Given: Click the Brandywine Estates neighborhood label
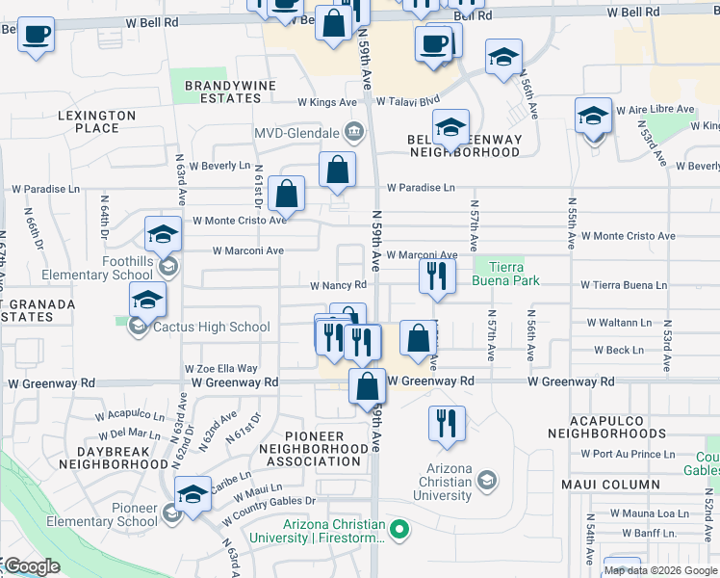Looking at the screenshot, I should point(230,92).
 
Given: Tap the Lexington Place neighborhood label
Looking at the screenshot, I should point(96,121).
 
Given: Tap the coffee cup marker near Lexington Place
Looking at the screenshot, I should point(37,36).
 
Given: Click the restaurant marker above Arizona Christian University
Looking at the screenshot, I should point(447,424).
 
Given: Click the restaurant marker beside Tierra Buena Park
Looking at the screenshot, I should point(437,276).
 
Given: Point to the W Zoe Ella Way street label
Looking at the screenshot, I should point(221,368).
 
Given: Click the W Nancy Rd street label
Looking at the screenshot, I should point(338,285).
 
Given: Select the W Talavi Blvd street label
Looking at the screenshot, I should point(407,100).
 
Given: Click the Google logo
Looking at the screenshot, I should point(31,566).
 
